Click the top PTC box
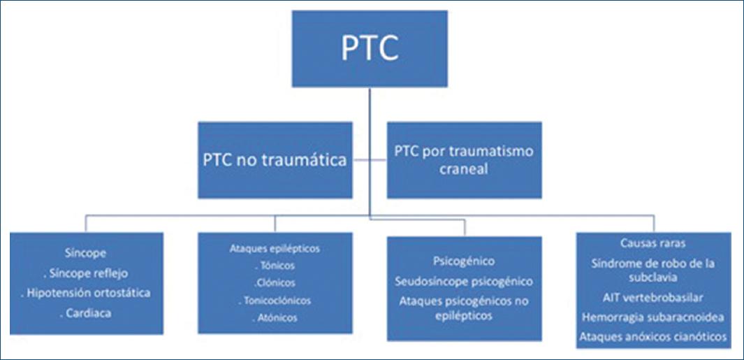(370, 49)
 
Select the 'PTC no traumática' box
(275, 160)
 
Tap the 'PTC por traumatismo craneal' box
(464, 160)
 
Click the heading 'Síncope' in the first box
(87, 255)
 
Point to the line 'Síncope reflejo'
(86, 274)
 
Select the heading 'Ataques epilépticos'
(275, 248)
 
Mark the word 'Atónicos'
(275, 317)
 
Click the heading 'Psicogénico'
(464, 261)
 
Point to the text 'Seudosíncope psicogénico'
(464, 282)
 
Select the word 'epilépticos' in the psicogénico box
(464, 316)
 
